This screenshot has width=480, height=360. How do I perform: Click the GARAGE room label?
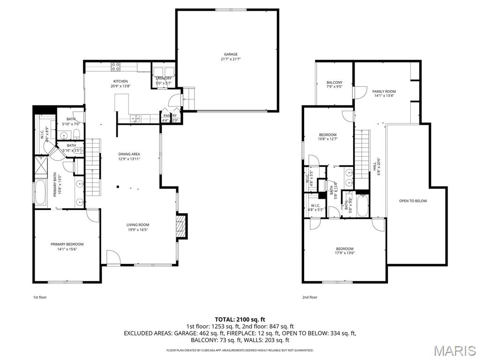[230, 54]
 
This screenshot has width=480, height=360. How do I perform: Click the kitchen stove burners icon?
[115, 67]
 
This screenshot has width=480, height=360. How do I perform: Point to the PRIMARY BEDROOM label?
[67, 244]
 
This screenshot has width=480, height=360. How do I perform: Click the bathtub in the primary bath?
[39, 193]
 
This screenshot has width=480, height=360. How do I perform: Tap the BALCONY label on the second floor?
[334, 82]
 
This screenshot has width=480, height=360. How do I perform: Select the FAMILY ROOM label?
[384, 91]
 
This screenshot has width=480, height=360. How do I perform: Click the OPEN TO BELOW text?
[413, 201]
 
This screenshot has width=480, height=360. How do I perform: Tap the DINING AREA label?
[129, 154]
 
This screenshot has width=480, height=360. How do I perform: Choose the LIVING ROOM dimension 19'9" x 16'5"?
[137, 230]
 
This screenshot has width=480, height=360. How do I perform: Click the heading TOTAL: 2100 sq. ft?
[240, 319]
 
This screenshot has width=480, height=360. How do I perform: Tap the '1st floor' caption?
[39, 297]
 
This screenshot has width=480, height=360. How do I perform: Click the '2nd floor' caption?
[309, 297]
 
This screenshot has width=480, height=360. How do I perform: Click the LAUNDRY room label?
[164, 78]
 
